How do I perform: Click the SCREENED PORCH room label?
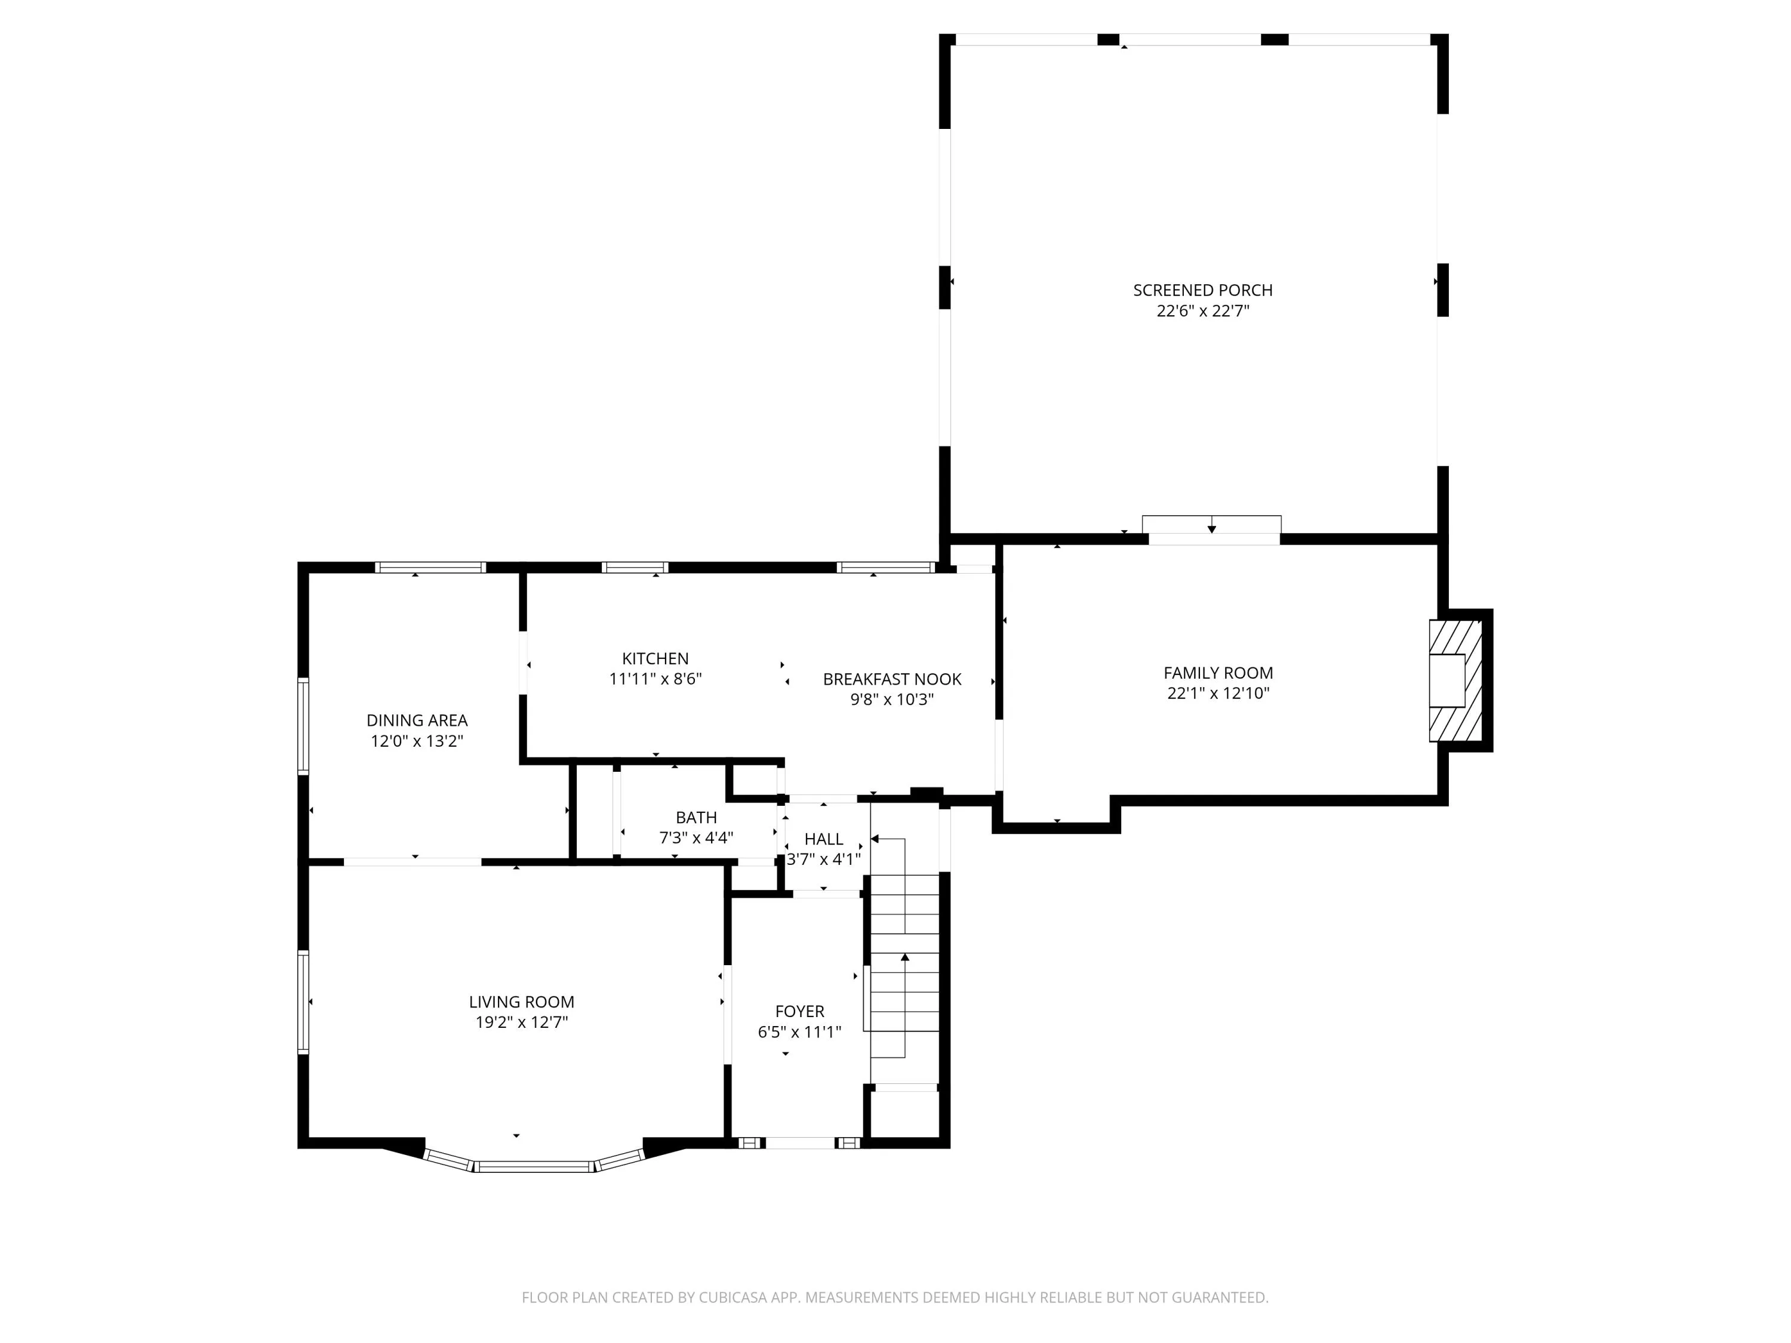[x=1202, y=290]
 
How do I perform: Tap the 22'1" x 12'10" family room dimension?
[x=1218, y=693]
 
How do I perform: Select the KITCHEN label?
[x=655, y=659]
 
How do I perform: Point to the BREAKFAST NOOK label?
[x=893, y=679]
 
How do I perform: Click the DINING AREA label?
[x=417, y=720]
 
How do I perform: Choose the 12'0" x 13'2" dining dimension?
[x=417, y=741]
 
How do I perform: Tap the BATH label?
[x=696, y=818]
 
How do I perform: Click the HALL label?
[x=823, y=839]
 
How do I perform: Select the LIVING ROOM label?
[x=521, y=1002]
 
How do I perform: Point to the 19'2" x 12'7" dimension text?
[x=521, y=1022]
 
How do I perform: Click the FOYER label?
[x=800, y=1012]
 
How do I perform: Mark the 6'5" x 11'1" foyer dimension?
[x=800, y=1032]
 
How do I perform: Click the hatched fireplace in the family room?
[x=1455, y=681]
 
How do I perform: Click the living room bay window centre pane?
[x=534, y=1166]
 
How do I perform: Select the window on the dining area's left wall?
[x=304, y=726]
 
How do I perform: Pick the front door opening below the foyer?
[x=800, y=1143]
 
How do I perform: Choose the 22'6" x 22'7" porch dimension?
[x=1202, y=311]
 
